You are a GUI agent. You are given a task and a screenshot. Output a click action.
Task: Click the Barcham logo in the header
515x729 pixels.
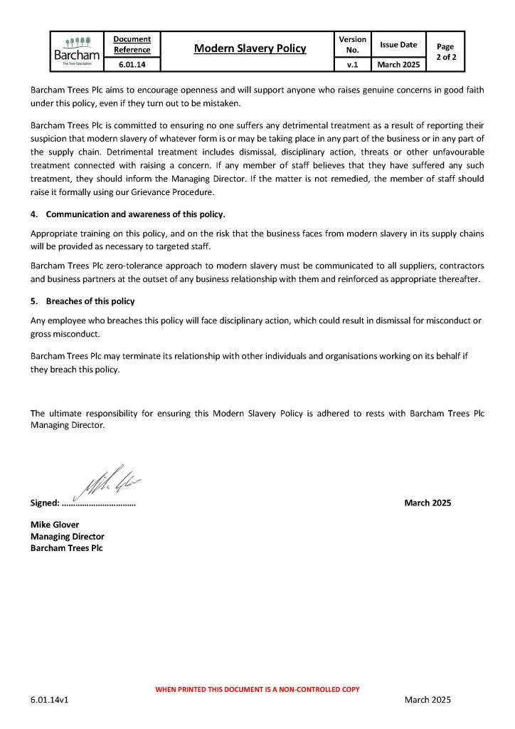point(77,51)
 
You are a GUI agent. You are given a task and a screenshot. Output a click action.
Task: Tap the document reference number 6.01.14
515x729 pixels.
point(132,64)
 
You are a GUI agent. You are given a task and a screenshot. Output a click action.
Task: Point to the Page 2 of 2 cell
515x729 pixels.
point(445,51)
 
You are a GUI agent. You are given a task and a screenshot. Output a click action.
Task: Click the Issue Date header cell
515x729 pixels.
point(398,44)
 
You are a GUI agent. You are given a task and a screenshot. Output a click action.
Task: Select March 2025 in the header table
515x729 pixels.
point(398,64)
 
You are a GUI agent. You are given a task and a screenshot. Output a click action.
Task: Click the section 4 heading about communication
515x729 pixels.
point(135,214)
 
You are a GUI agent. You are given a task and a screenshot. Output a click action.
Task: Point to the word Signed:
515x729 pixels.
point(45,503)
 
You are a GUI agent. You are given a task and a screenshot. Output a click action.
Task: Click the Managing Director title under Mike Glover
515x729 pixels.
point(67,537)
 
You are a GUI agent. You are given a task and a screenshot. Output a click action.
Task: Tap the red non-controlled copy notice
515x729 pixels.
point(257,689)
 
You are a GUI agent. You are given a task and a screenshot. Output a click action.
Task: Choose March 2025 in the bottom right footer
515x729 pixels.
point(428,701)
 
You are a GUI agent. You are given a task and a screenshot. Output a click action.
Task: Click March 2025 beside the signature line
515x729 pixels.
point(428,503)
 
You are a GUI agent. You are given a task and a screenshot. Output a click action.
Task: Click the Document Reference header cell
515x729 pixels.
point(132,44)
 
